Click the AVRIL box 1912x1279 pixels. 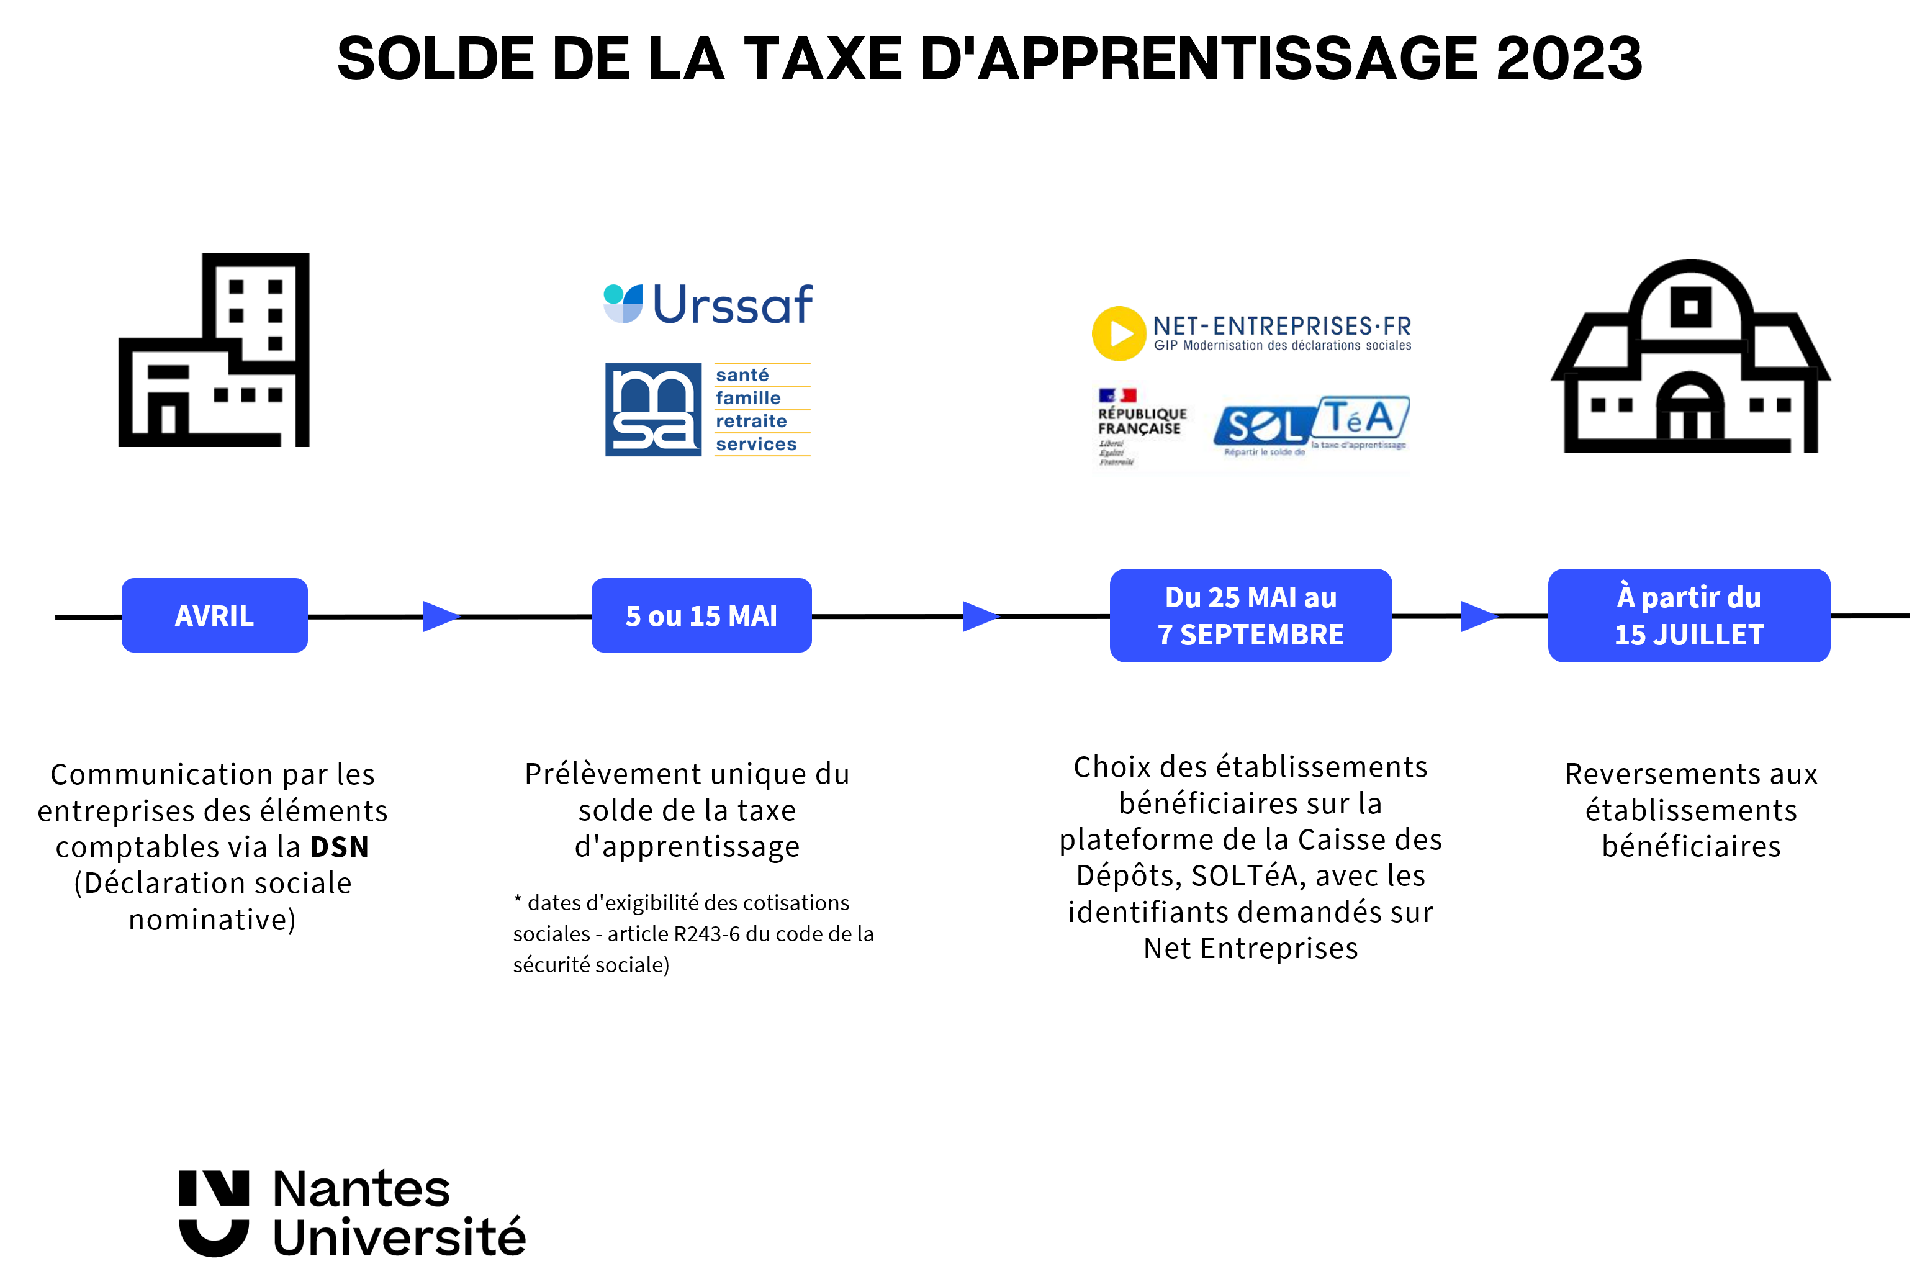(x=214, y=615)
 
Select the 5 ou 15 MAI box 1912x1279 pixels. (x=701, y=615)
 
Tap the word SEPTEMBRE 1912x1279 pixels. (x=1261, y=635)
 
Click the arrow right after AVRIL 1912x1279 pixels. (x=441, y=616)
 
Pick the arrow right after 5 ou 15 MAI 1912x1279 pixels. (x=980, y=616)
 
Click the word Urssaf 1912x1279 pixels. (x=732, y=305)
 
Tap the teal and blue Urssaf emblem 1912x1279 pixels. (x=623, y=304)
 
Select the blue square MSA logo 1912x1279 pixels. (x=653, y=410)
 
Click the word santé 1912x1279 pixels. (x=742, y=375)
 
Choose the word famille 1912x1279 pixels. (x=747, y=398)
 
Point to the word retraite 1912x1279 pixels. (x=751, y=421)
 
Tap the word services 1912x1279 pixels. (x=756, y=445)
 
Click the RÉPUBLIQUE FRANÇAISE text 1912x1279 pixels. (x=1142, y=421)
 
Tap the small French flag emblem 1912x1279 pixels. (x=1117, y=395)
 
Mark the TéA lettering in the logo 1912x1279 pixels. (x=1359, y=418)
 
